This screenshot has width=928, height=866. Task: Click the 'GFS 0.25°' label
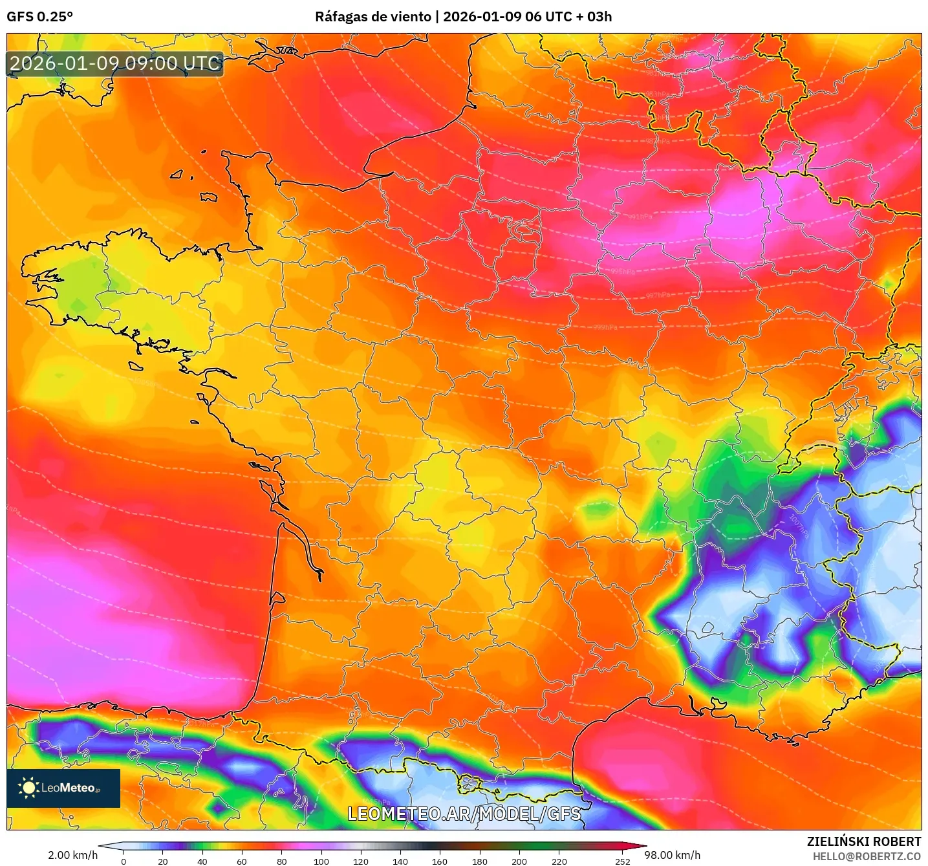click(39, 17)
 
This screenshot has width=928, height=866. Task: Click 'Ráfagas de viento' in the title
click(372, 17)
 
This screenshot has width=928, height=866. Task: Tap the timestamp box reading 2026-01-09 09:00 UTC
click(115, 64)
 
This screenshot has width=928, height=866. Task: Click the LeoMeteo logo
click(63, 788)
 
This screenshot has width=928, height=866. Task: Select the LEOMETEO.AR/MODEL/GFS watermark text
click(464, 814)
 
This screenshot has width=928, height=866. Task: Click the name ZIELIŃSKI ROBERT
click(863, 841)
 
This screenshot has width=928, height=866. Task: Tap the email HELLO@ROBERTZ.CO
click(866, 856)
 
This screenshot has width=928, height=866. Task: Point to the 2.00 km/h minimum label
click(72, 855)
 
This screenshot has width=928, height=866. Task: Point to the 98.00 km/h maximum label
click(672, 855)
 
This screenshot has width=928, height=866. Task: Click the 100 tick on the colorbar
click(321, 861)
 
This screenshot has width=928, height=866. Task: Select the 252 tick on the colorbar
click(622, 861)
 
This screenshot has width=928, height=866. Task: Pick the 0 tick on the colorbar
click(124, 861)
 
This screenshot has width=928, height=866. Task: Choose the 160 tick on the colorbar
click(440, 861)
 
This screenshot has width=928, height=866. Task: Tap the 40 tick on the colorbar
click(202, 861)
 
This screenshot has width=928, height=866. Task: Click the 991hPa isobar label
click(640, 217)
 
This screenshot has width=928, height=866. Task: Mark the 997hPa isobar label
click(658, 296)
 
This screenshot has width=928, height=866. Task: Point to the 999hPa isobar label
click(605, 327)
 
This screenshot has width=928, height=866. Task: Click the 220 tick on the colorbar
click(559, 861)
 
